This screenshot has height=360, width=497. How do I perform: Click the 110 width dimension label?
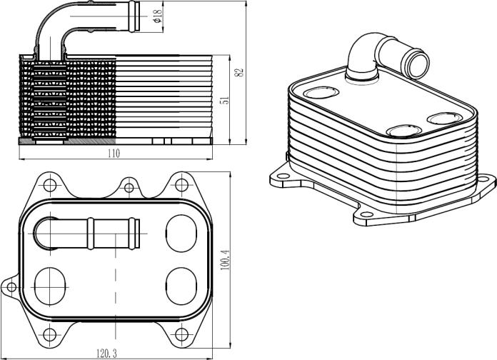[114, 154]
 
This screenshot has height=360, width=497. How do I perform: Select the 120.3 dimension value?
[106, 354]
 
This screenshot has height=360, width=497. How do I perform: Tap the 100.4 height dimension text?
[225, 259]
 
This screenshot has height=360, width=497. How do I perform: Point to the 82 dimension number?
[239, 72]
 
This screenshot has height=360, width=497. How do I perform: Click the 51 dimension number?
[225, 100]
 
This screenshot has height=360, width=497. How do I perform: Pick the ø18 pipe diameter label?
[158, 16]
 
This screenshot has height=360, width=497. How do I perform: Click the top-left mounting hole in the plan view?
[50, 185]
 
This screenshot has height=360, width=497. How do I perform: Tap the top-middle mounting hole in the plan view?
[129, 188]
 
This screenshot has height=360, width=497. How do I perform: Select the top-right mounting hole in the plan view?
[181, 185]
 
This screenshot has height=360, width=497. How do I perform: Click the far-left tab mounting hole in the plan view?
[11, 287]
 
